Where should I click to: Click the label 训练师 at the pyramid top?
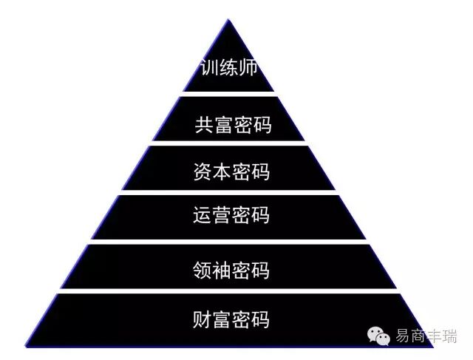coord(229,69)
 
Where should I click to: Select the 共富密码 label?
coord(233,125)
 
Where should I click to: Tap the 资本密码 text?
coord(231,172)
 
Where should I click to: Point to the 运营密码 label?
coord(231,216)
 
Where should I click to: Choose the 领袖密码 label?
coord(231,270)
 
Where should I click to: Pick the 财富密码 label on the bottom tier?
coord(231,320)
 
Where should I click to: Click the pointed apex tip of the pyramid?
coord(228,21)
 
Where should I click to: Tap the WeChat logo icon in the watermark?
coord(382,336)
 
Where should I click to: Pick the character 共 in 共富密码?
coord(204,125)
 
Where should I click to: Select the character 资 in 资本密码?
coord(202,172)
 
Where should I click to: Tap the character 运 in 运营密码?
coord(202,216)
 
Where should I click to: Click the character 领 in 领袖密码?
coord(202,270)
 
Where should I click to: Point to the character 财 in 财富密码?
coord(202,320)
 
